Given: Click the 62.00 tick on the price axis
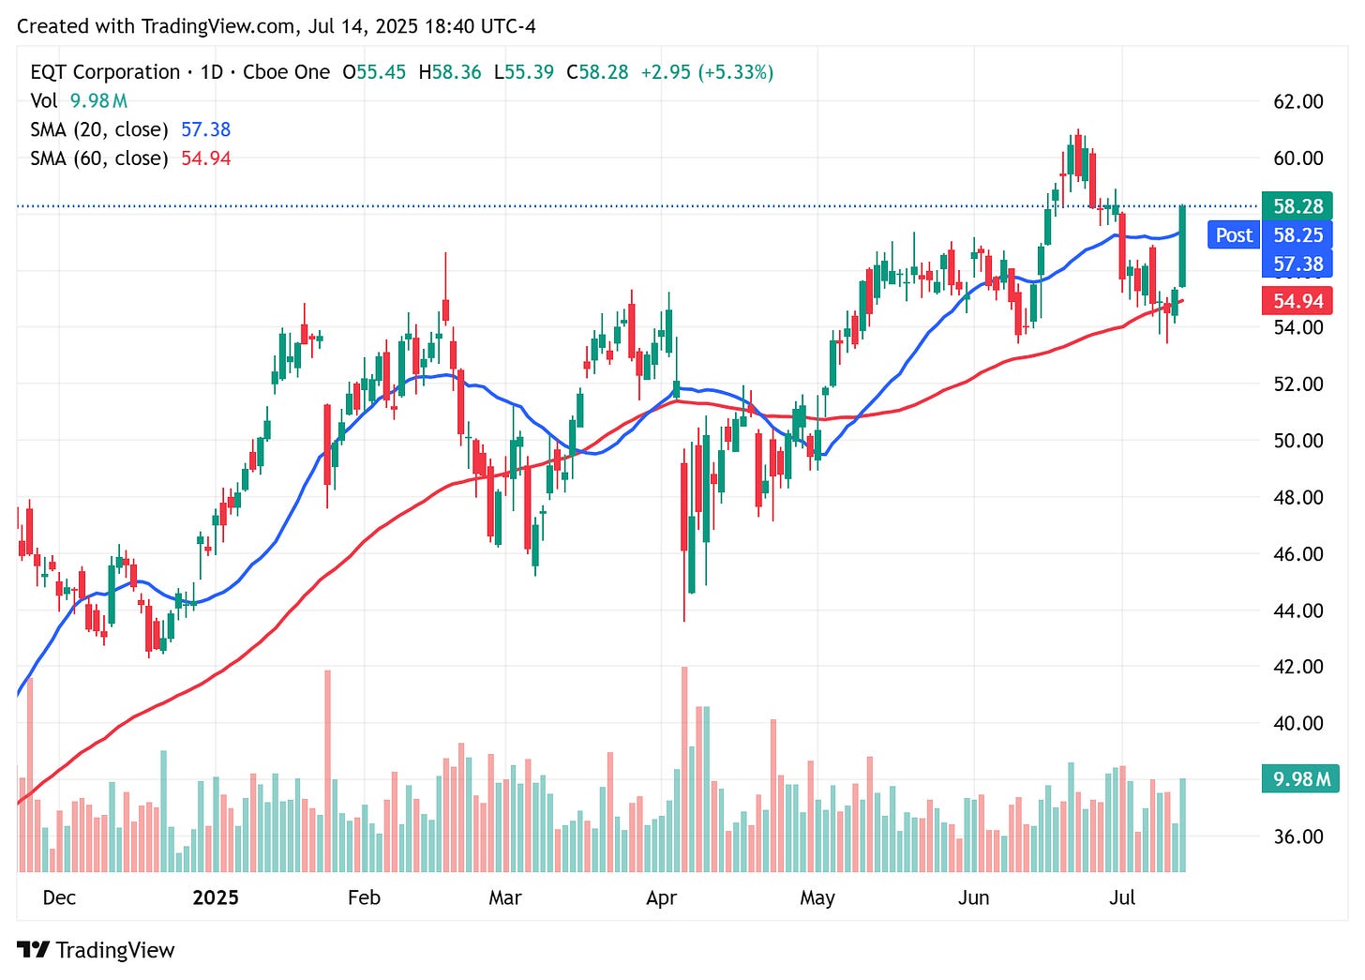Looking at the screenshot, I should [x=1297, y=101].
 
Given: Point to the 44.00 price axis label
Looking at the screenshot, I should [x=1297, y=611].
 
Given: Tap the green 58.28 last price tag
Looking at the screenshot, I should [x=1297, y=206].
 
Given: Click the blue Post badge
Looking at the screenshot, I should [x=1233, y=235].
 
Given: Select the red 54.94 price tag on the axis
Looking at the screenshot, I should [x=1297, y=301].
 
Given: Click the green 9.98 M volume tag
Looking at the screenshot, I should [x=1301, y=778].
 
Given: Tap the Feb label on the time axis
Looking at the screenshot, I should [x=364, y=897].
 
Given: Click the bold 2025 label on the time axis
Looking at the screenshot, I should [x=216, y=897].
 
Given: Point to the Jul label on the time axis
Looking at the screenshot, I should [x=1121, y=897].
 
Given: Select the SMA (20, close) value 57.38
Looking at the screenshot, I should [x=205, y=129].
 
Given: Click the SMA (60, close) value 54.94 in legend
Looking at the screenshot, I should [x=205, y=158].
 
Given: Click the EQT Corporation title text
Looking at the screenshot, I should [x=105, y=72].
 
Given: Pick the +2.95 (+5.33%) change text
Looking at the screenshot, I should [x=707, y=72].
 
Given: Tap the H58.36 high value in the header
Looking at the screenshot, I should [x=450, y=72].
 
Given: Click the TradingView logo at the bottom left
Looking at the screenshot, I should [x=96, y=950].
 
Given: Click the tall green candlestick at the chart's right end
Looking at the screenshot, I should [x=1182, y=246].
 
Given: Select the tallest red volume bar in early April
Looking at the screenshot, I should [x=684, y=769].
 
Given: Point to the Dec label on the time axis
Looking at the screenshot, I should [x=59, y=897].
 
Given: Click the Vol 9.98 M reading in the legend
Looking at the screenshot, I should [x=79, y=100].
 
